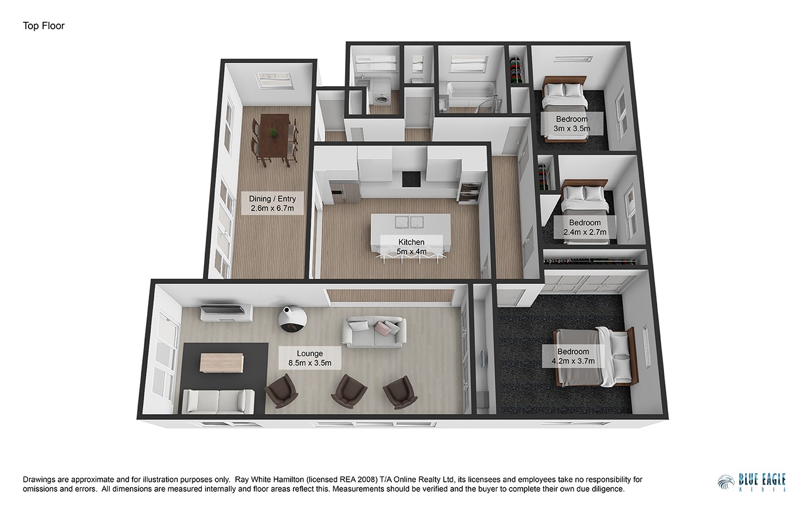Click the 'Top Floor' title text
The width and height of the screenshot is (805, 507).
[44, 26]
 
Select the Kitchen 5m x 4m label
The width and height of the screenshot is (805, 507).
[411, 246]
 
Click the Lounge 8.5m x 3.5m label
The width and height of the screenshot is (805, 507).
[310, 358]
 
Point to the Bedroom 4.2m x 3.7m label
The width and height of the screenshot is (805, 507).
[573, 356]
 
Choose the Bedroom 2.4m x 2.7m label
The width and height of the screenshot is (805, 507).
[585, 227]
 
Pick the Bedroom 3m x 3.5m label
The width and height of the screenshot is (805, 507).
[572, 124]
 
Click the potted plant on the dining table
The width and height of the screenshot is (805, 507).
[274, 133]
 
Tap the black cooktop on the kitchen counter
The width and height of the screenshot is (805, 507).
[411, 179]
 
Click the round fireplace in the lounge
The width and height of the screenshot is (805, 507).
[292, 319]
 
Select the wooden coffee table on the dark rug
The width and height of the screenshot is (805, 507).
[222, 363]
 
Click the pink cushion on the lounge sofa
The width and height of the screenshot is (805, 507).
[382, 327]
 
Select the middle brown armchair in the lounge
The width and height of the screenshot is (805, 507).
[349, 391]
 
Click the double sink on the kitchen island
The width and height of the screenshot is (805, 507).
[409, 222]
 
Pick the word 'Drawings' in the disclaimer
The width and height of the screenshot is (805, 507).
[39, 480]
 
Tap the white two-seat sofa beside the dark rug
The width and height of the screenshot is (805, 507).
[219, 401]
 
